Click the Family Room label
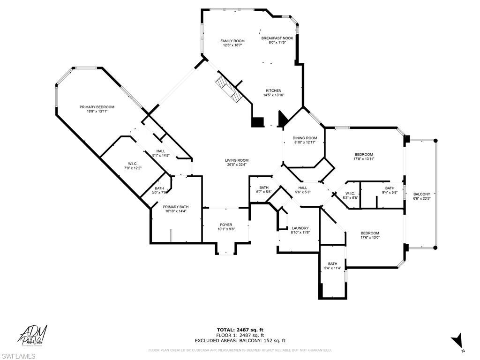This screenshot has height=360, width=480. (232, 41)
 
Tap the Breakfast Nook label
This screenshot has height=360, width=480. (277, 38)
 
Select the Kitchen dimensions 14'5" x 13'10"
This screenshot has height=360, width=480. (274, 95)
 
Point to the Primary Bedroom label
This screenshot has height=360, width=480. (97, 107)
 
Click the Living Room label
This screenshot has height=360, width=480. (236, 160)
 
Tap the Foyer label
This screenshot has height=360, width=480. (225, 225)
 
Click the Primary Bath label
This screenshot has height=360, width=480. (175, 207)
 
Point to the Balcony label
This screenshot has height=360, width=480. (421, 194)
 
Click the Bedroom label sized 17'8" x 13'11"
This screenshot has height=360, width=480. (363, 155)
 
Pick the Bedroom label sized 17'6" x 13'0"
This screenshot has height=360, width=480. (369, 233)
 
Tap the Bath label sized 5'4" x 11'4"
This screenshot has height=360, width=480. (332, 264)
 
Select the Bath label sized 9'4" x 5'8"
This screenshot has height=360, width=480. (390, 188)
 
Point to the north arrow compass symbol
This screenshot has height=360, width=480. (457, 341)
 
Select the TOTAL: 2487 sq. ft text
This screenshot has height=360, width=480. (240, 330)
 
